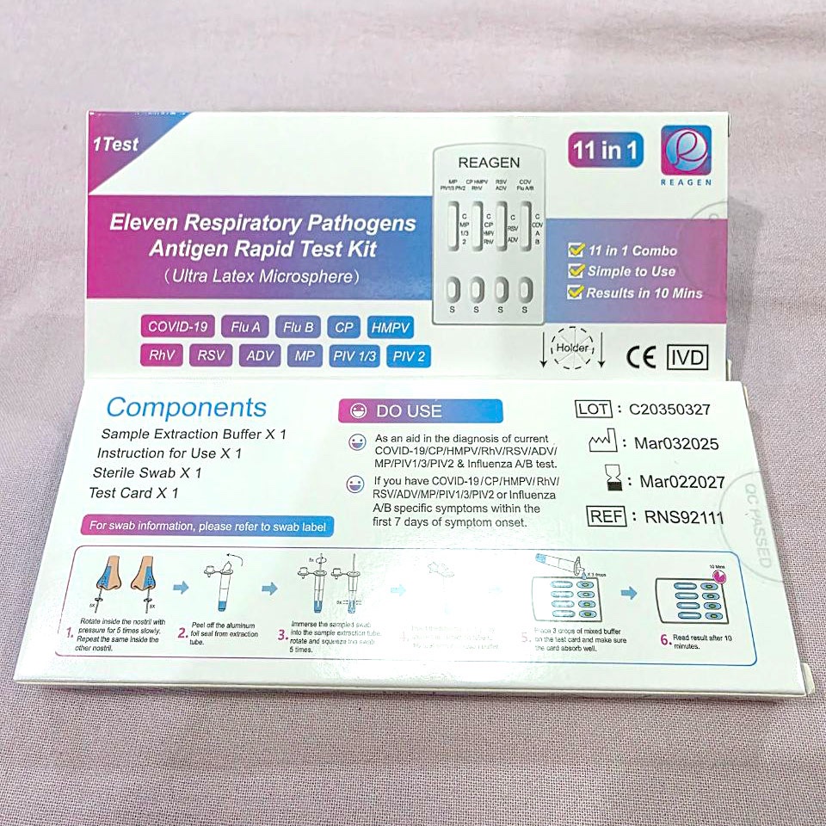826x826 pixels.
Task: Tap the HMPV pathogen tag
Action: pyautogui.click(x=390, y=327)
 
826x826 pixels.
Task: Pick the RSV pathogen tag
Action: pyautogui.click(x=210, y=355)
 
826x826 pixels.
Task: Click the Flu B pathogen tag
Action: pyautogui.click(x=299, y=327)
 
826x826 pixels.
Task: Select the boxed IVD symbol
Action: pyautogui.click(x=687, y=357)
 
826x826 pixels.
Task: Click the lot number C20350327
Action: pyautogui.click(x=669, y=410)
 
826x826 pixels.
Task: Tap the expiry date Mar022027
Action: pyautogui.click(x=681, y=482)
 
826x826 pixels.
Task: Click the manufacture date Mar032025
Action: pyautogui.click(x=675, y=445)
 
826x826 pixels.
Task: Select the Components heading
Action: pyautogui.click(x=186, y=408)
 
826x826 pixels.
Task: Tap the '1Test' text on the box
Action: pyautogui.click(x=115, y=145)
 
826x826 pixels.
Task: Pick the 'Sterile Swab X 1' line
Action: pyautogui.click(x=147, y=473)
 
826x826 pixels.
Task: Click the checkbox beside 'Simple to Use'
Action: pyautogui.click(x=576, y=271)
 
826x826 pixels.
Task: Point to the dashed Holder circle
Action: pyautogui.click(x=572, y=348)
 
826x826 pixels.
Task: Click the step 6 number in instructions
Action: pyautogui.click(x=666, y=639)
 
